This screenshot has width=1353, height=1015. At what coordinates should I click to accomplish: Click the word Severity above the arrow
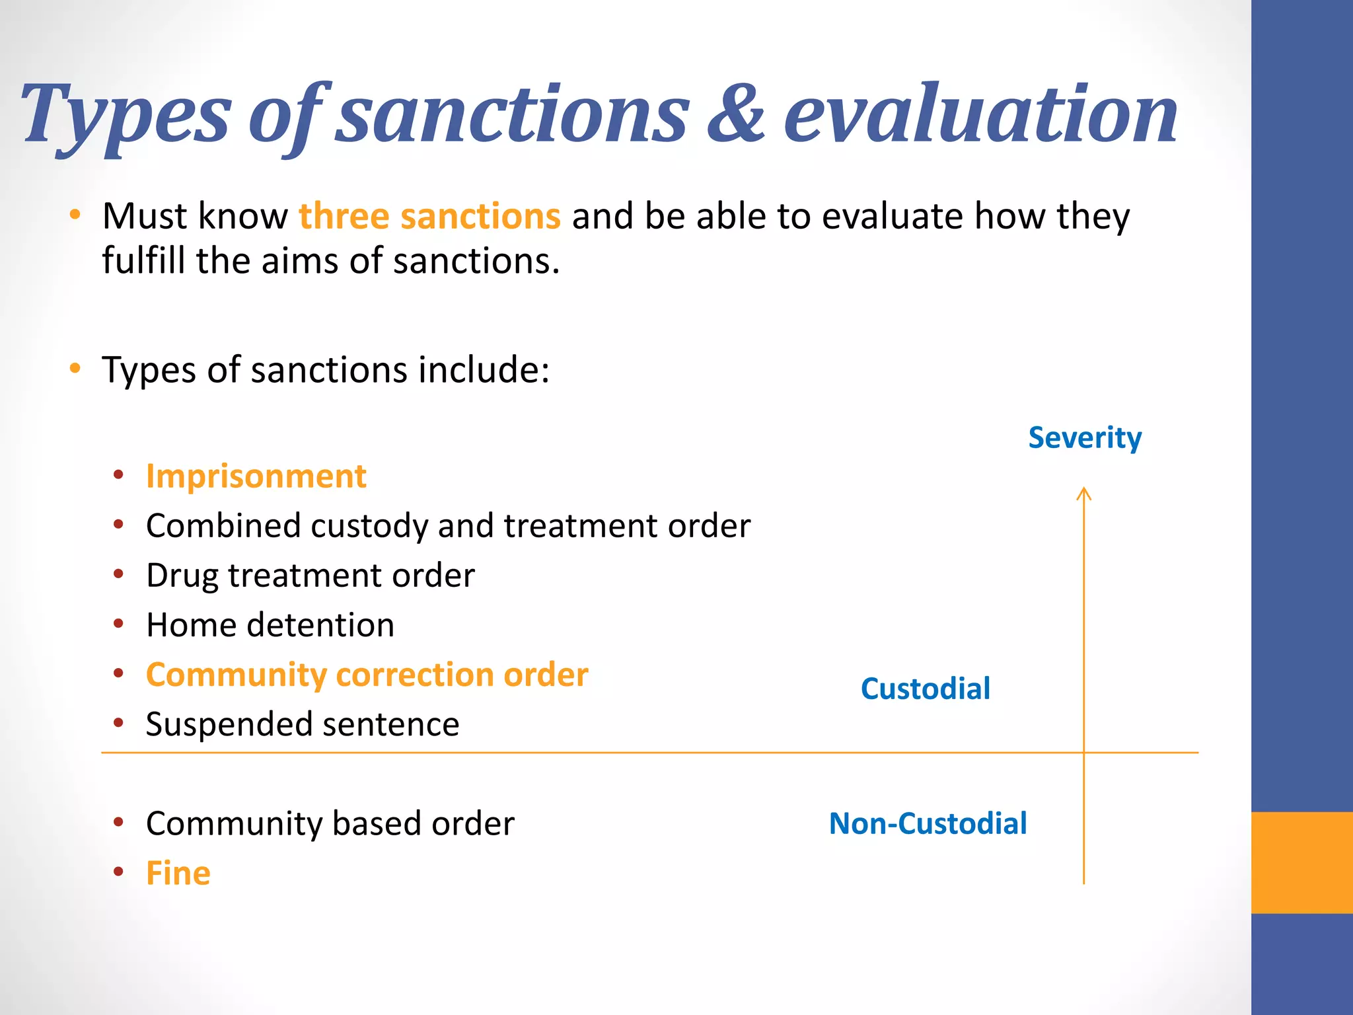point(1084,438)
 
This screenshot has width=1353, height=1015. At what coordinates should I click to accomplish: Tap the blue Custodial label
point(925,689)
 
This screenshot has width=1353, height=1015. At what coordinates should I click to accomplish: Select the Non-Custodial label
point(928,823)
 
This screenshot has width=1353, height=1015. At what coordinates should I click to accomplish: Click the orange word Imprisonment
point(256,476)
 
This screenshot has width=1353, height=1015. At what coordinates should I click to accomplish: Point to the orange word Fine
point(178,873)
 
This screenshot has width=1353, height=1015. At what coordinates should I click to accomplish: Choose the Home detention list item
point(270,625)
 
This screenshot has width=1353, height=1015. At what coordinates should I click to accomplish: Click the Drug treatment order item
point(310,576)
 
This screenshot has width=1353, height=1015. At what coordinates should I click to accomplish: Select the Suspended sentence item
point(302,724)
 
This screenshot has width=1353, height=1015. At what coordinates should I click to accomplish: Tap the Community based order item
point(330,824)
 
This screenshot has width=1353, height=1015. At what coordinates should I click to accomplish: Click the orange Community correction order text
point(367,675)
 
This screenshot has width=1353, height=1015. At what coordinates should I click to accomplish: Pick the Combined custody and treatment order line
point(448,526)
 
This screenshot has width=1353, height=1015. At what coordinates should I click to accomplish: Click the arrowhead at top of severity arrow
point(1083,492)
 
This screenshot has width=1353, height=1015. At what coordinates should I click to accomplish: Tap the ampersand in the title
point(736,114)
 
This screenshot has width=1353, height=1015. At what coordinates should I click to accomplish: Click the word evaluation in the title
point(980,114)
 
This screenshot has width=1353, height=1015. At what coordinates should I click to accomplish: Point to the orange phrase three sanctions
point(429,216)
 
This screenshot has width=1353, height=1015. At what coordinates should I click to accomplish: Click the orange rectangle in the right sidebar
point(1301,862)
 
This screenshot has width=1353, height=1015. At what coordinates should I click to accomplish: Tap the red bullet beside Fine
point(118,872)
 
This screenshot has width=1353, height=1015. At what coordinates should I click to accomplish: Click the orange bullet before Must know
point(75,215)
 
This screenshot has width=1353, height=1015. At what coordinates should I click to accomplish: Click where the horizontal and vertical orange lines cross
point(1083,752)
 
